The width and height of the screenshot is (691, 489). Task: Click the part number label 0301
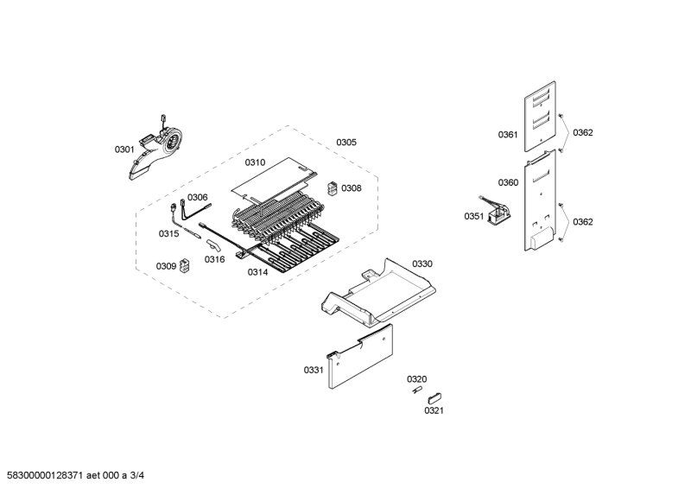click(x=124, y=149)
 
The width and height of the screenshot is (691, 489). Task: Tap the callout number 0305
click(x=346, y=143)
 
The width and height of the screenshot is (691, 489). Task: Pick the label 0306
click(x=198, y=197)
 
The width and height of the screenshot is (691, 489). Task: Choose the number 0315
click(x=168, y=233)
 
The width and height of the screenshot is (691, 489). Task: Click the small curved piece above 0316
click(x=213, y=245)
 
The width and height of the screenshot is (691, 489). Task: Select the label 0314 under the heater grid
click(x=257, y=272)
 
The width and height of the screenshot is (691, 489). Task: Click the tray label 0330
click(x=422, y=264)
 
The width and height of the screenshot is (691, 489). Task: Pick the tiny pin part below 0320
click(x=417, y=391)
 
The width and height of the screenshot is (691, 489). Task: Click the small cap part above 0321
click(x=435, y=397)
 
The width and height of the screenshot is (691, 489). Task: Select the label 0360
click(x=508, y=182)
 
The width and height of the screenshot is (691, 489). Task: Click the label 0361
click(x=508, y=135)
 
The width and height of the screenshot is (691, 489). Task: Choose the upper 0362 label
click(x=583, y=133)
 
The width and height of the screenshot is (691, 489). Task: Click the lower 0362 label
click(x=583, y=222)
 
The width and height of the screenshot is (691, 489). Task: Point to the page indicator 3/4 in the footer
click(x=137, y=475)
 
